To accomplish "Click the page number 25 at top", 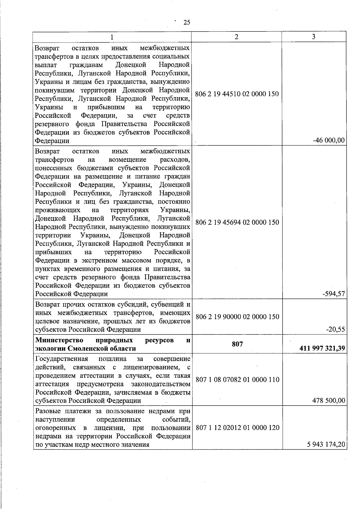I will tap(187, 22).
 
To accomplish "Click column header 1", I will tap(112, 37).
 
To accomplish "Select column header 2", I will tap(236, 37).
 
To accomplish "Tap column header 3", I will tap(313, 37).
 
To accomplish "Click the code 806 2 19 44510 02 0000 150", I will tap(237, 94).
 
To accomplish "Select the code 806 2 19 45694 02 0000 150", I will tap(237, 223).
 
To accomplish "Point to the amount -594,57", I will tap(334, 294).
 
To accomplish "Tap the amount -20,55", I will tap(335, 329).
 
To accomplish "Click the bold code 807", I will tap(237, 344).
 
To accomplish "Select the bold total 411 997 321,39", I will tap(322, 349).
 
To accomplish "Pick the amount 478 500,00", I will tap(328, 400).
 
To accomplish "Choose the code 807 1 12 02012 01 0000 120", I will tap(237, 428).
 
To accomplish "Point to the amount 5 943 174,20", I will tap(326, 445).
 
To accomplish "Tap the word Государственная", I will tap(61, 359).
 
